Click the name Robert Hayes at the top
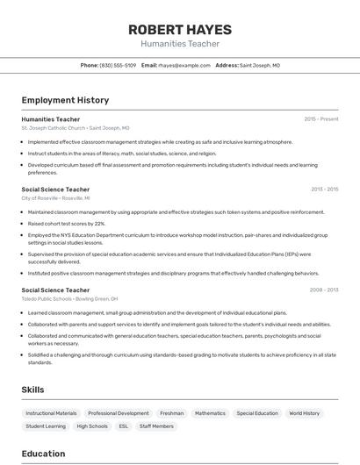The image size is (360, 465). click(x=180, y=27)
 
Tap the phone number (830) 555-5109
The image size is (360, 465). click(x=118, y=65)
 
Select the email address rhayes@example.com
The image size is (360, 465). click(x=184, y=65)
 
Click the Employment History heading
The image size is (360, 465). click(x=65, y=100)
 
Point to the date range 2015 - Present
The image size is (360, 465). click(x=320, y=118)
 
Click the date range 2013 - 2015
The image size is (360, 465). click(x=324, y=189)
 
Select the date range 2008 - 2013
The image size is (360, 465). click(x=324, y=290)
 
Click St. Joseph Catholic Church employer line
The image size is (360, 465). click(x=75, y=128)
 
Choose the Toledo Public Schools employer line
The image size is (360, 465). click(x=69, y=299)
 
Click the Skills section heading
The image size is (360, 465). click(x=33, y=389)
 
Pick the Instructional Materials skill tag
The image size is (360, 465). click(x=51, y=413)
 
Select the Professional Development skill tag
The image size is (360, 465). click(x=119, y=413)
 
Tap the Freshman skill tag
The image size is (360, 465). click(x=171, y=413)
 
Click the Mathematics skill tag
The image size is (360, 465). click(x=210, y=413)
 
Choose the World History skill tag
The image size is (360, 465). click(x=305, y=413)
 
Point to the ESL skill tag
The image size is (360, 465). click(x=124, y=426)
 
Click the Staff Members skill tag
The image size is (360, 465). click(x=157, y=426)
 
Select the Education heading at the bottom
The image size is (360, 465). click(x=43, y=454)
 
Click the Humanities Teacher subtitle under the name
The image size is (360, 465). click(x=180, y=43)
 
